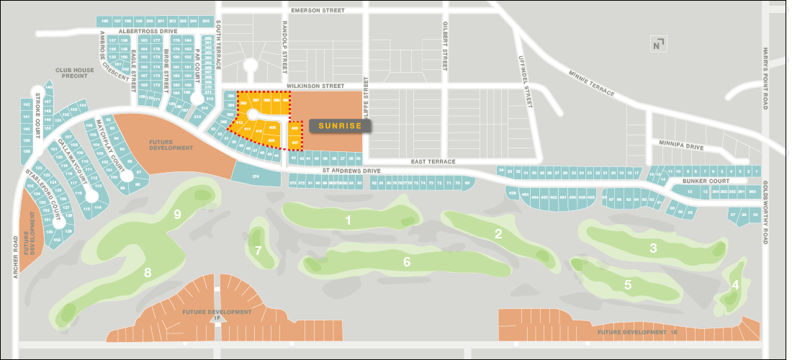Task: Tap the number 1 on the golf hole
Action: [x=348, y=220]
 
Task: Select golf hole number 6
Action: [x=407, y=262]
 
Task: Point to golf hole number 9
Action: [x=176, y=214]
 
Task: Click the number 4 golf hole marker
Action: [x=735, y=284]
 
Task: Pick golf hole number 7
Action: [x=258, y=251]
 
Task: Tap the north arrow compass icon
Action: [x=657, y=44]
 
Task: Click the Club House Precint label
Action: [x=75, y=73]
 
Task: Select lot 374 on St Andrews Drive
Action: [x=256, y=176]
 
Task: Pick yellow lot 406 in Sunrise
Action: [x=295, y=129]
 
